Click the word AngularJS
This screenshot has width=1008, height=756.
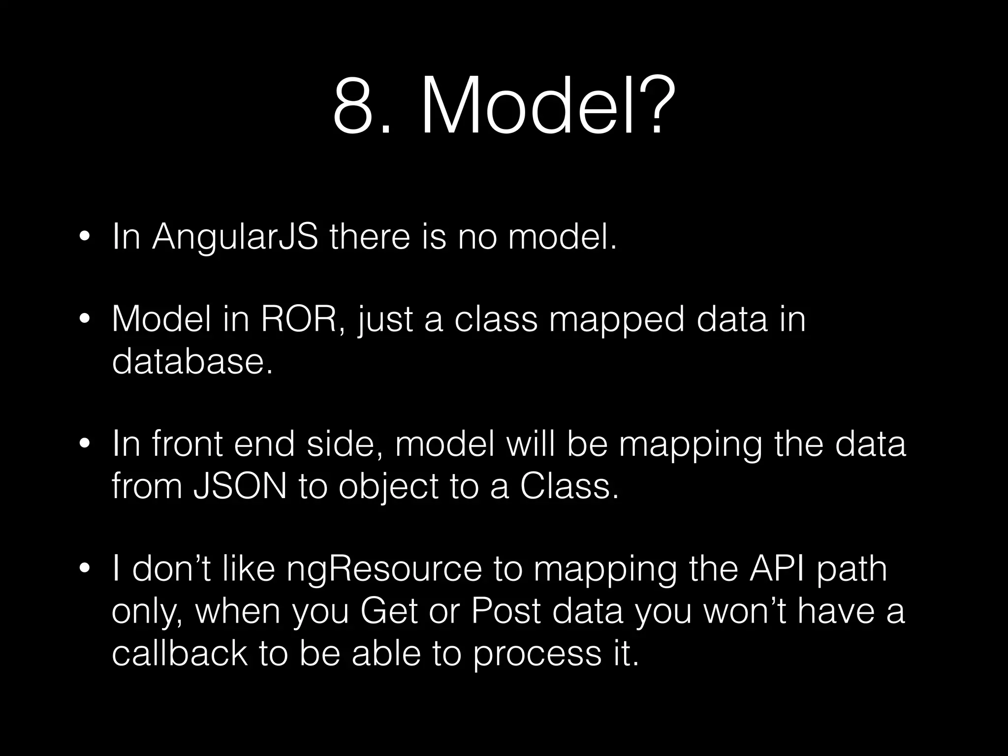[235, 237]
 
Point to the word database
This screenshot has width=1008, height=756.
[192, 362]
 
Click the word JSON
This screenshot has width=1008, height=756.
[240, 487]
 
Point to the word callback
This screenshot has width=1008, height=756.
[180, 653]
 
